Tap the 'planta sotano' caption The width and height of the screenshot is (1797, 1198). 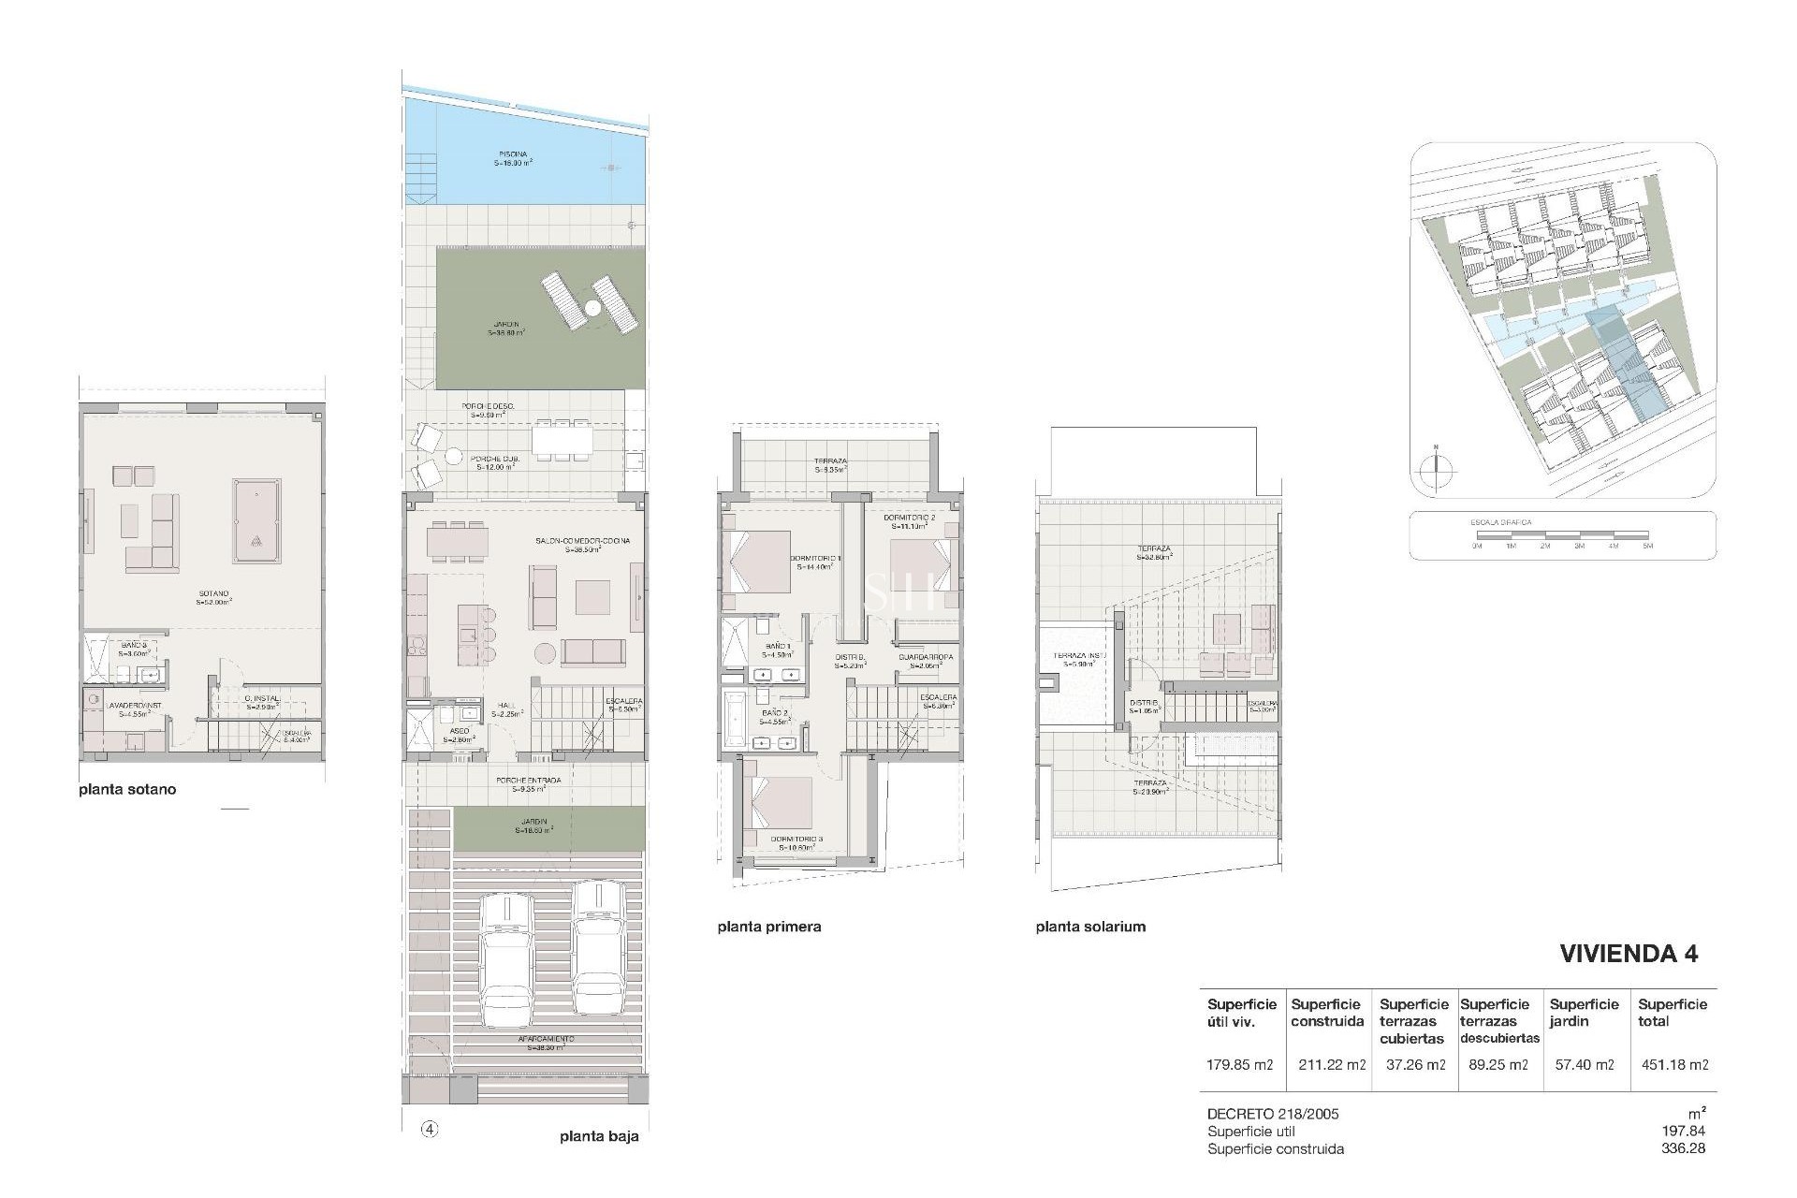tap(127, 789)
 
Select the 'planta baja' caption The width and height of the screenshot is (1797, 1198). tap(599, 1137)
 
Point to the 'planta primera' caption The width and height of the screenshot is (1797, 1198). tap(769, 927)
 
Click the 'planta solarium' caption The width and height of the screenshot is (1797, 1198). tap(1090, 927)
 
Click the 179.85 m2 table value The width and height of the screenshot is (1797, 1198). tap(1240, 1064)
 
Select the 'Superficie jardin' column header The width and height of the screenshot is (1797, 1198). tap(1584, 1013)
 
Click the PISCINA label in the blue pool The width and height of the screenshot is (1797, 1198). tap(512, 154)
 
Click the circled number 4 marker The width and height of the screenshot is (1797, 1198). tap(430, 1129)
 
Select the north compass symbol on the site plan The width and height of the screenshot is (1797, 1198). tap(1434, 471)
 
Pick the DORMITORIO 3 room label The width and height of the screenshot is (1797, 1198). tap(796, 839)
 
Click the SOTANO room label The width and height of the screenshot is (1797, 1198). tap(213, 593)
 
